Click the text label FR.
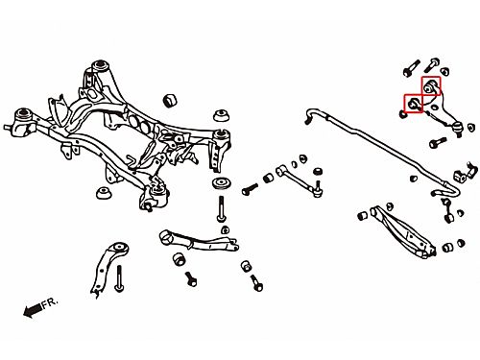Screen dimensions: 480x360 pyautogui.click(x=50, y=302)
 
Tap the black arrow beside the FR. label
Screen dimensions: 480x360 pyautogui.click(x=33, y=310)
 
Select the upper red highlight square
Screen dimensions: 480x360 pyautogui.click(x=431, y=86)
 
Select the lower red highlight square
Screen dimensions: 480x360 pyautogui.click(x=414, y=104)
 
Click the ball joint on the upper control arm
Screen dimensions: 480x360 pyautogui.click(x=458, y=129)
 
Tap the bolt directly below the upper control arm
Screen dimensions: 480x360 pyautogui.click(x=438, y=143)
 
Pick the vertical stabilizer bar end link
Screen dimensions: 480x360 pyautogui.click(x=447, y=210)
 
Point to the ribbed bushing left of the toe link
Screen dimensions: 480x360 pyautogui.click(x=268, y=178)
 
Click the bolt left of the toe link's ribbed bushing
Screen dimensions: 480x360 pyautogui.click(x=250, y=189)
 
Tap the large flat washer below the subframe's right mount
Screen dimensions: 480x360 pyautogui.click(x=223, y=183)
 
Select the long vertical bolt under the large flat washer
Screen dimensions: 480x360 pyautogui.click(x=221, y=209)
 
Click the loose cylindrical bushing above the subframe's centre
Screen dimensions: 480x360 pyautogui.click(x=170, y=101)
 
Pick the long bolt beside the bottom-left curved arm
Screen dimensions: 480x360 pyautogui.click(x=119, y=278)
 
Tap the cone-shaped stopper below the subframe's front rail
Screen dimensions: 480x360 pyautogui.click(x=104, y=192)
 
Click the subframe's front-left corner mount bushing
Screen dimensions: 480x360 pyautogui.click(x=24, y=114)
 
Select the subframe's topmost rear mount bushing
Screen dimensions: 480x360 pyautogui.click(x=101, y=65)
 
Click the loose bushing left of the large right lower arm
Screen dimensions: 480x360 pyautogui.click(x=362, y=215)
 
